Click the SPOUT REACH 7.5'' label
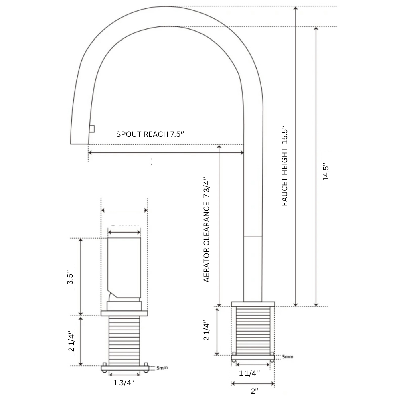[x=150, y=134]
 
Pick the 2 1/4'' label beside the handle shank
[x=71, y=341]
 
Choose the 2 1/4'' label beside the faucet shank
[x=207, y=330]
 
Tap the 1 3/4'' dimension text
[x=124, y=383]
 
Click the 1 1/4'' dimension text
[x=250, y=373]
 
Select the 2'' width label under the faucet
[x=254, y=391]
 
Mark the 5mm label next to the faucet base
[x=287, y=356]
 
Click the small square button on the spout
[x=92, y=128]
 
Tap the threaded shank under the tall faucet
[x=253, y=330]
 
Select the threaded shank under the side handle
[x=124, y=341]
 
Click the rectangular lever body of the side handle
[x=124, y=265]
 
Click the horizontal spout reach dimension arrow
[x=166, y=152]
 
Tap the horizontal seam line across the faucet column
[x=253, y=237]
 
